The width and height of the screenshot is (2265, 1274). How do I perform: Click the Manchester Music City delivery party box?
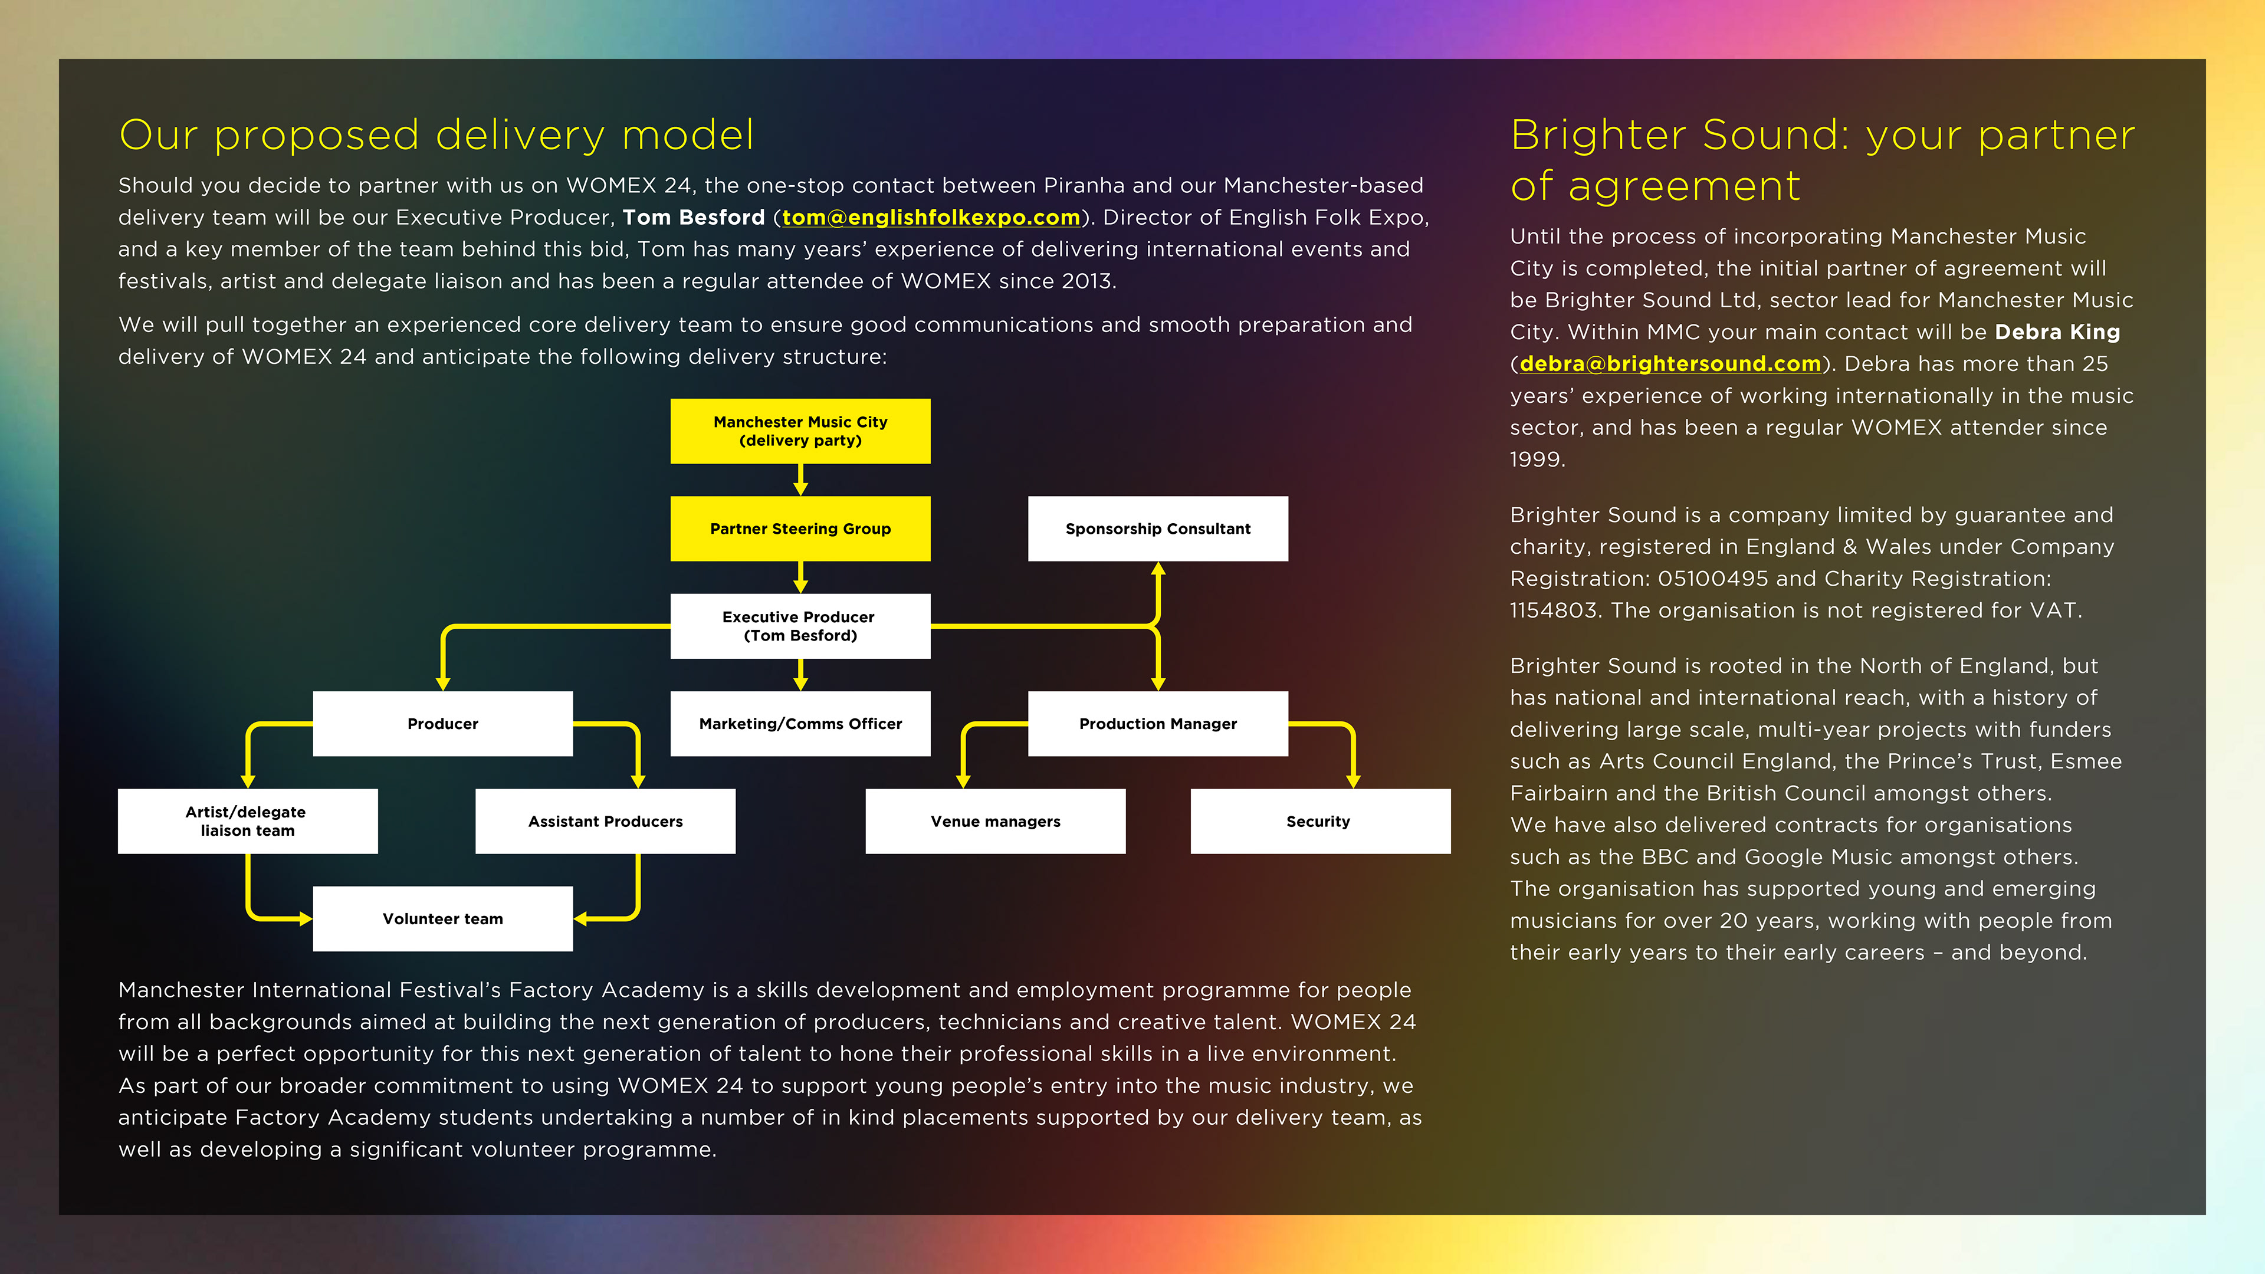point(800,431)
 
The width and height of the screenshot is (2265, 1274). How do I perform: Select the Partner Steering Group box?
point(800,528)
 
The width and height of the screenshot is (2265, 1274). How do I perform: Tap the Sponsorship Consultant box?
point(1157,528)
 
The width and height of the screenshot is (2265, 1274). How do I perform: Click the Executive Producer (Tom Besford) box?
point(800,626)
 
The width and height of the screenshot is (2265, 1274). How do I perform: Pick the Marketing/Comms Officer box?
point(800,724)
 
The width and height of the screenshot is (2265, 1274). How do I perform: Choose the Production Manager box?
point(1157,724)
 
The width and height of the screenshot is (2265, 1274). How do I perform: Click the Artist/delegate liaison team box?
point(247,821)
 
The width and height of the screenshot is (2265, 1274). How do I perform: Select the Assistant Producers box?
point(605,821)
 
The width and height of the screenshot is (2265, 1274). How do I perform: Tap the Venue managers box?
point(995,821)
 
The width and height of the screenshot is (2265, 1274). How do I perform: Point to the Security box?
point(1319,821)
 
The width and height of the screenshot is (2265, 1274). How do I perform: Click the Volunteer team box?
point(442,919)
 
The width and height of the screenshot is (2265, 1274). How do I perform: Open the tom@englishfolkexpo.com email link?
point(930,217)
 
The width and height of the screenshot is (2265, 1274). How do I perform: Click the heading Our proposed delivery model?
point(436,136)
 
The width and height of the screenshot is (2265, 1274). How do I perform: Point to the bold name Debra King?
point(2057,332)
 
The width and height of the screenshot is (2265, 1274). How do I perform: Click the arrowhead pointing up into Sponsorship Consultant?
point(1158,570)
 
